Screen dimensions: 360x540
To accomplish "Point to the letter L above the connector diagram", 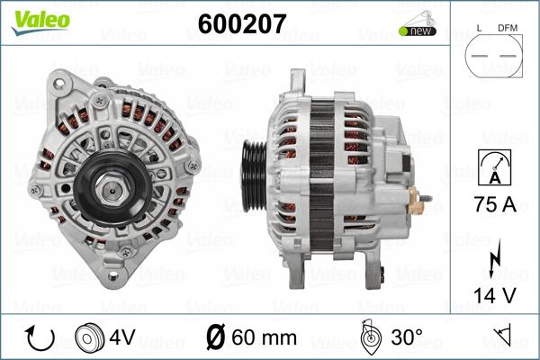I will coord(478,29).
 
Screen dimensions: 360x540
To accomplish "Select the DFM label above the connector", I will coord(509,29).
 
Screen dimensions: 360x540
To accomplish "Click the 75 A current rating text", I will coord(495,204).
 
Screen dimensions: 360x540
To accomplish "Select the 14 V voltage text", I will coord(495,293).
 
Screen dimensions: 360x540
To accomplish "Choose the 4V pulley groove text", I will coord(122,337).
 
